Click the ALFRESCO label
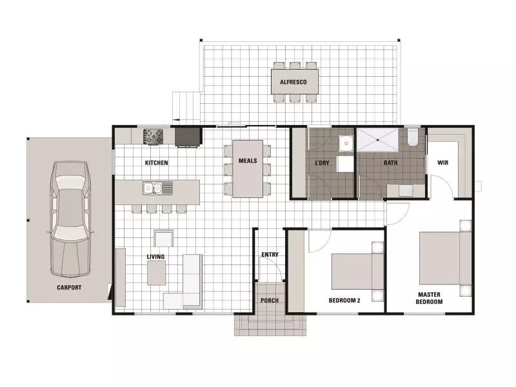[x=293, y=83]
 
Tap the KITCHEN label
[x=156, y=163]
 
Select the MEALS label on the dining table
[x=248, y=161]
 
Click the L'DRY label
[x=322, y=163]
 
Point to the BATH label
[x=390, y=163]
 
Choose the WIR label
[x=443, y=163]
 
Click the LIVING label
[x=155, y=257]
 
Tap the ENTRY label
[x=270, y=255]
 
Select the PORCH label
[x=270, y=301]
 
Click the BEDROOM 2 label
[x=344, y=300]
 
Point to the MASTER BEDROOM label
[x=429, y=299]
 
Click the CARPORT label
[x=68, y=288]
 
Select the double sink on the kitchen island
[x=154, y=188]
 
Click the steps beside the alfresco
[x=186, y=106]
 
